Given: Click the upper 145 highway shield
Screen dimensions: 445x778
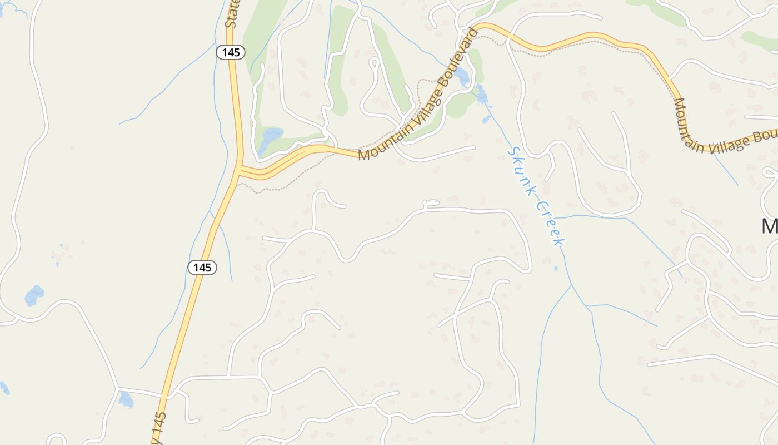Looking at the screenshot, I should (231, 53).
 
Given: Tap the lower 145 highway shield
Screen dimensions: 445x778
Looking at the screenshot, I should (202, 268).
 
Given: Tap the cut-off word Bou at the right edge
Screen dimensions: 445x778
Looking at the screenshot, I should (766, 136).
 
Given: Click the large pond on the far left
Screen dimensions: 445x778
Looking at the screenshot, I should (34, 295).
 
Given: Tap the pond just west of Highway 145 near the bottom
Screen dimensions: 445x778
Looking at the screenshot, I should (126, 399).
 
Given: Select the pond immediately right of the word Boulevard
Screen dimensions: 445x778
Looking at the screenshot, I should (462, 76).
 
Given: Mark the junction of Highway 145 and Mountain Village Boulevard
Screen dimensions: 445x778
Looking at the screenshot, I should (240, 170).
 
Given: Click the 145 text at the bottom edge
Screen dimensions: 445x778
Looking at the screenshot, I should (159, 428).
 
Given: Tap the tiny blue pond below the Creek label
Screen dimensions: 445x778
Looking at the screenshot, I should (556, 269).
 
